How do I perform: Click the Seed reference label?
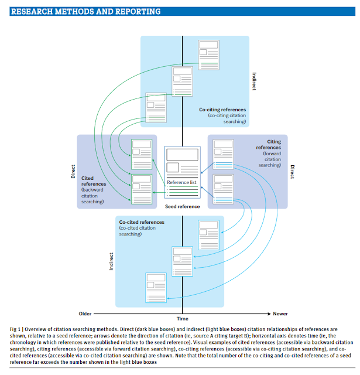pos(183,206)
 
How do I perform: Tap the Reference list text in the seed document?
pos(183,182)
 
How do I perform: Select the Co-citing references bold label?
pos(222,110)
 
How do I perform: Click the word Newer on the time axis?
pos(277,313)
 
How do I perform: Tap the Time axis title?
pos(183,319)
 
